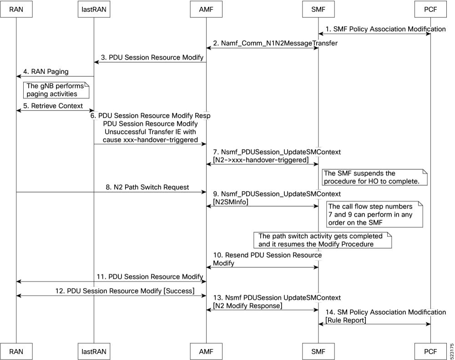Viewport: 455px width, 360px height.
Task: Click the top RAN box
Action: (x=16, y=9)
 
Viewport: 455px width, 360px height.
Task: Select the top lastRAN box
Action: (x=94, y=9)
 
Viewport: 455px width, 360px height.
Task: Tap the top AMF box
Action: (x=206, y=9)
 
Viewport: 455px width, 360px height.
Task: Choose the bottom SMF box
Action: (x=318, y=351)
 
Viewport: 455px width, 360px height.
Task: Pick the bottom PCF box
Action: (x=430, y=351)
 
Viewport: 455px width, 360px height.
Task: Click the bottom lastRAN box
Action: (x=94, y=351)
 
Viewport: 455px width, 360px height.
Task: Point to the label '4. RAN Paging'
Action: (x=46, y=72)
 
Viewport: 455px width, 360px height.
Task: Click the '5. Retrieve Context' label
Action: (x=53, y=106)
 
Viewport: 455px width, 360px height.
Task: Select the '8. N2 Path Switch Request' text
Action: (x=147, y=187)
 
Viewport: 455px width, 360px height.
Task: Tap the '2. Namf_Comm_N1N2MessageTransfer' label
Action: (x=275, y=43)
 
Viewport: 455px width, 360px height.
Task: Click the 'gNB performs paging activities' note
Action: (x=56, y=90)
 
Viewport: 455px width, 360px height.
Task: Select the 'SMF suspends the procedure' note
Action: (x=374, y=177)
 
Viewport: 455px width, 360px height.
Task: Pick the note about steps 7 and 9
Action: (x=374, y=214)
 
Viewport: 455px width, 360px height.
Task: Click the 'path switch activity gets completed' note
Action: (x=323, y=240)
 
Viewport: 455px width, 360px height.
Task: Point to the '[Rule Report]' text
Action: (x=346, y=320)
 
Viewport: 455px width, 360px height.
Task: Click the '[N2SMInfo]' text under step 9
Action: (x=231, y=202)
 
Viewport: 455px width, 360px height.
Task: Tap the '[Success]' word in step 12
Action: (x=179, y=291)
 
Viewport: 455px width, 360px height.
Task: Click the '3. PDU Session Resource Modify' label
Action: (x=152, y=57)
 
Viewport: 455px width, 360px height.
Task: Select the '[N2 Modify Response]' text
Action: (x=248, y=306)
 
